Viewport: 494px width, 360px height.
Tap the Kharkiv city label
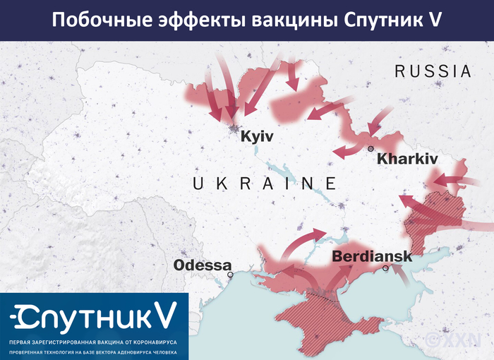pyautogui.click(x=407, y=159)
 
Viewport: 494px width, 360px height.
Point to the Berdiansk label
pyautogui.click(x=371, y=257)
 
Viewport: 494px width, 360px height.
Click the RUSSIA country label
pyautogui.click(x=433, y=71)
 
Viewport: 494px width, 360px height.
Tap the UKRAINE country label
pyautogui.click(x=265, y=184)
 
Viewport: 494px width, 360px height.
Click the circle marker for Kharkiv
pyautogui.click(x=370, y=148)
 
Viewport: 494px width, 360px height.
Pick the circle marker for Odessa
pyautogui.click(x=230, y=274)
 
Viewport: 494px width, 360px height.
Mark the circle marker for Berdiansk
pyautogui.click(x=385, y=268)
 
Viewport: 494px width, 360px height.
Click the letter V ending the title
pyautogui.click(x=435, y=20)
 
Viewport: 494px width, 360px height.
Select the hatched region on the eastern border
pyautogui.click(x=434, y=215)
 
